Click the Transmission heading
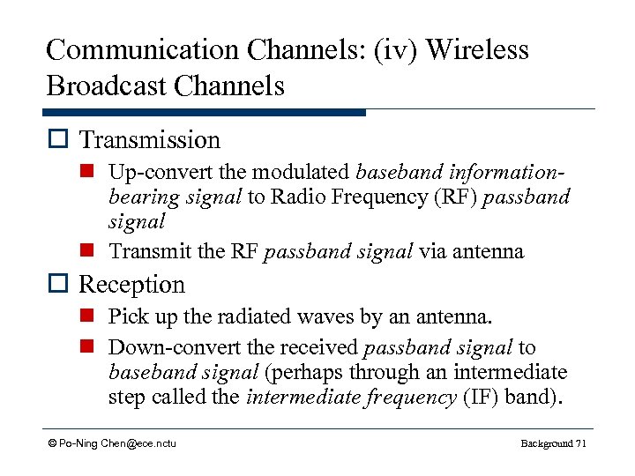pyautogui.click(x=150, y=140)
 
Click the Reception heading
pyautogui.click(x=132, y=285)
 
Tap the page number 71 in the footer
pyautogui.click(x=579, y=443)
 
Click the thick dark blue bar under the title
pyautogui.click(x=204, y=113)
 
